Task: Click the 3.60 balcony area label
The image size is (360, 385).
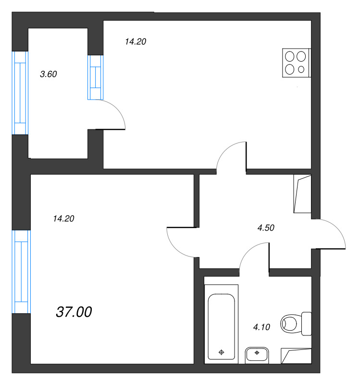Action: pyautogui.click(x=49, y=74)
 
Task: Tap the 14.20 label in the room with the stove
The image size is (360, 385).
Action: pyautogui.click(x=136, y=41)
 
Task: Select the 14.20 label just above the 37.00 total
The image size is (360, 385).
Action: pyautogui.click(x=63, y=218)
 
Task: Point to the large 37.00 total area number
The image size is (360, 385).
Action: pyautogui.click(x=74, y=312)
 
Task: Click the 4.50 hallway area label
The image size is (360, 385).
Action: pyautogui.click(x=266, y=228)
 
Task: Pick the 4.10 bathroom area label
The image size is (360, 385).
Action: pyautogui.click(x=261, y=327)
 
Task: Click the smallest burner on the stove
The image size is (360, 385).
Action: pyautogui.click(x=301, y=69)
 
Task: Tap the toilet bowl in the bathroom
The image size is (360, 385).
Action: pyautogui.click(x=289, y=323)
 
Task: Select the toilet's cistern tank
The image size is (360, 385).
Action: pyautogui.click(x=307, y=323)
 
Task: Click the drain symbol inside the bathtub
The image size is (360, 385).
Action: pyautogui.click(x=221, y=352)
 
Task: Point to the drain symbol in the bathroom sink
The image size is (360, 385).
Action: pyautogui.click(x=257, y=353)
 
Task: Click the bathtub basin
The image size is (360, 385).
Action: pyautogui.click(x=221, y=327)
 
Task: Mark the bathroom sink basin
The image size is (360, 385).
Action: pyautogui.click(x=257, y=354)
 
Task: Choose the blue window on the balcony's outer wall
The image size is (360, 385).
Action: pyautogui.click(x=20, y=93)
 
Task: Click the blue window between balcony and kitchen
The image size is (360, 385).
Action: pyautogui.click(x=95, y=77)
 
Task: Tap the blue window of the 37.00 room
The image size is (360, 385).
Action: pyautogui.click(x=21, y=272)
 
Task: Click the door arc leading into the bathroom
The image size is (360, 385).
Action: pyautogui.click(x=248, y=249)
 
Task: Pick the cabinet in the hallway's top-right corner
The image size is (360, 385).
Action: pyautogui.click(x=302, y=194)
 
